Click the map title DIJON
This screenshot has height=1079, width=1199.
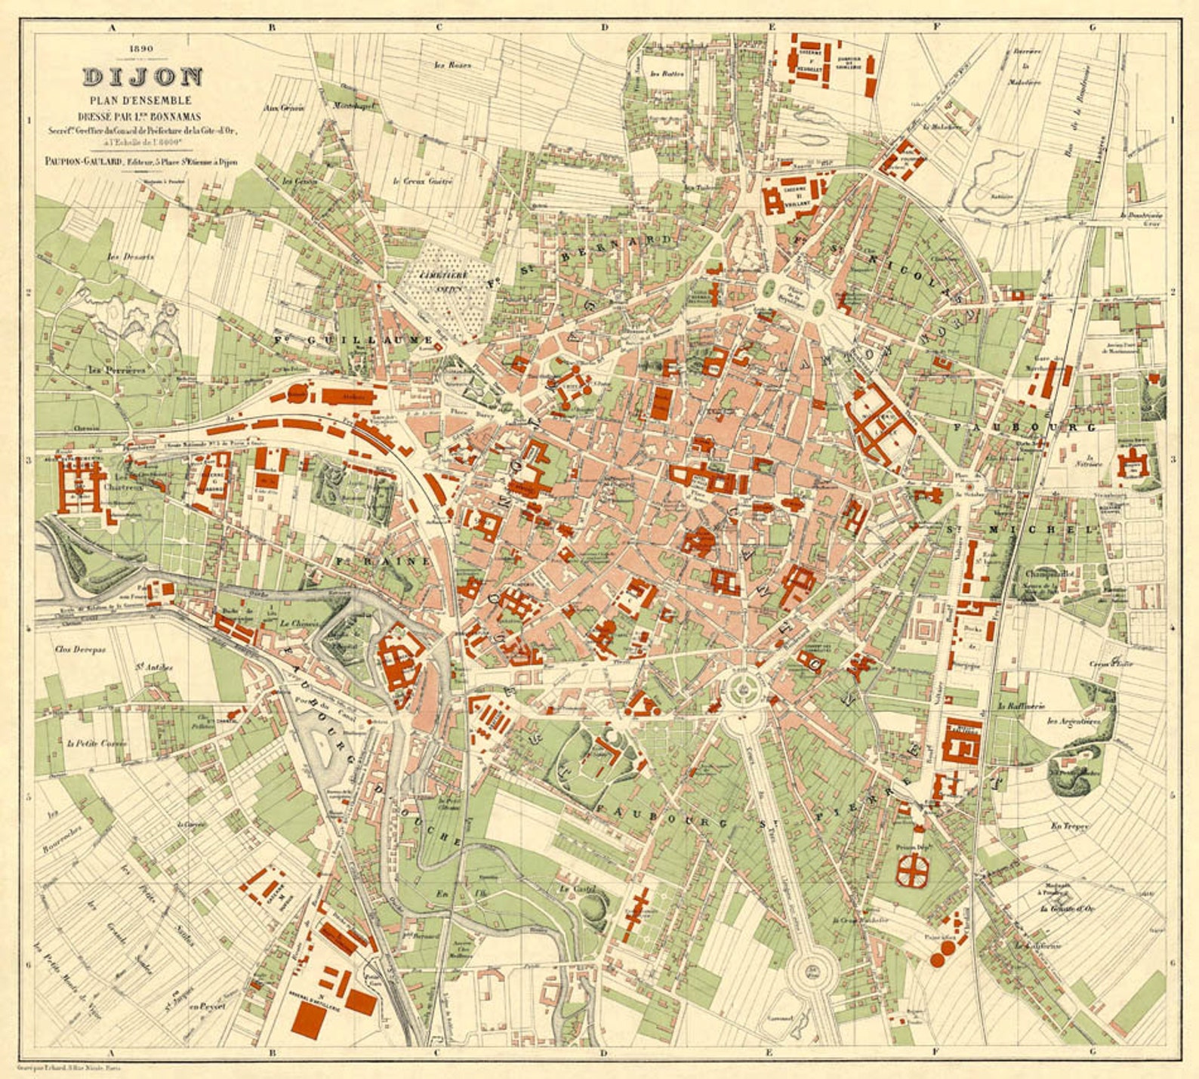pyautogui.click(x=143, y=76)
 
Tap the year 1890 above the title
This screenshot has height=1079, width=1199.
pyautogui.click(x=142, y=49)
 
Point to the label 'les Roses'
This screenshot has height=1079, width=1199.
pyautogui.click(x=453, y=65)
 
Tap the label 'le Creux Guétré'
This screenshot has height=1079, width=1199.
pyautogui.click(x=423, y=181)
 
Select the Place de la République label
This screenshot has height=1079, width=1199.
pyautogui.click(x=793, y=294)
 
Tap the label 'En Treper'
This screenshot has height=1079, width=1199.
pyautogui.click(x=1070, y=827)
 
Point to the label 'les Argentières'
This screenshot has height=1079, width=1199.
pyautogui.click(x=1073, y=721)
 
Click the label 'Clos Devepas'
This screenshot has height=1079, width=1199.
pyautogui.click(x=80, y=649)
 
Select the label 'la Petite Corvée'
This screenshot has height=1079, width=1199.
pyautogui.click(x=97, y=743)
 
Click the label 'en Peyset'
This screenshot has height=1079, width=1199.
pyautogui.click(x=207, y=1006)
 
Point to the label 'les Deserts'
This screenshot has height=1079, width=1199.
pyautogui.click(x=130, y=257)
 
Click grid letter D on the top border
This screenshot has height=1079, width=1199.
pyautogui.click(x=604, y=27)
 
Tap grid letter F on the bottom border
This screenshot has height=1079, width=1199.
pyautogui.click(x=935, y=1051)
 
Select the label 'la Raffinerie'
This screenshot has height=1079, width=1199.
pyautogui.click(x=1021, y=706)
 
